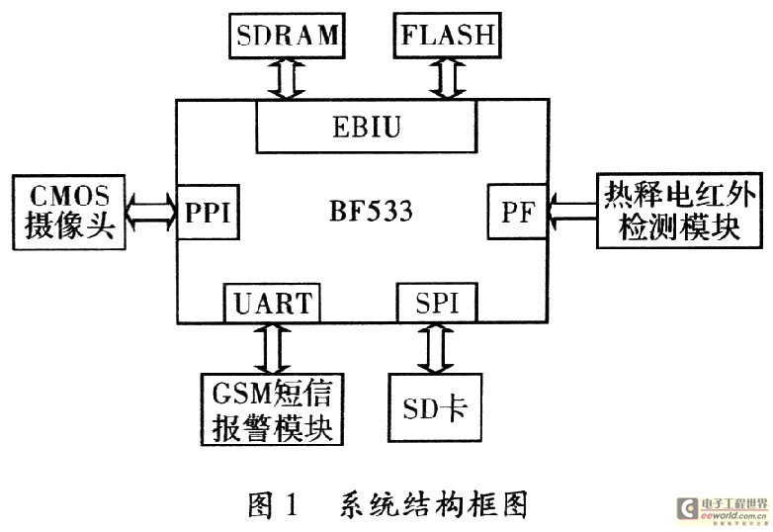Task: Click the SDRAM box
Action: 288,37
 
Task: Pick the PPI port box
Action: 209,211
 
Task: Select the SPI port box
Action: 436,302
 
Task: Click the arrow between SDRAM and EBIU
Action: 288,78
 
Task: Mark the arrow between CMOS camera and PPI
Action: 152,212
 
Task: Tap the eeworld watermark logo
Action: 720,510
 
